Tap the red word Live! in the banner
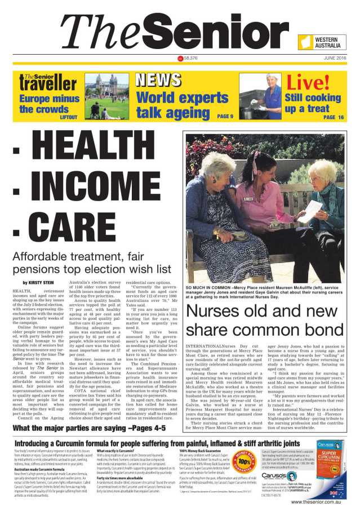click(308, 83)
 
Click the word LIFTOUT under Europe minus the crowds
click(68, 117)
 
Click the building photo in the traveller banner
click(106, 95)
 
